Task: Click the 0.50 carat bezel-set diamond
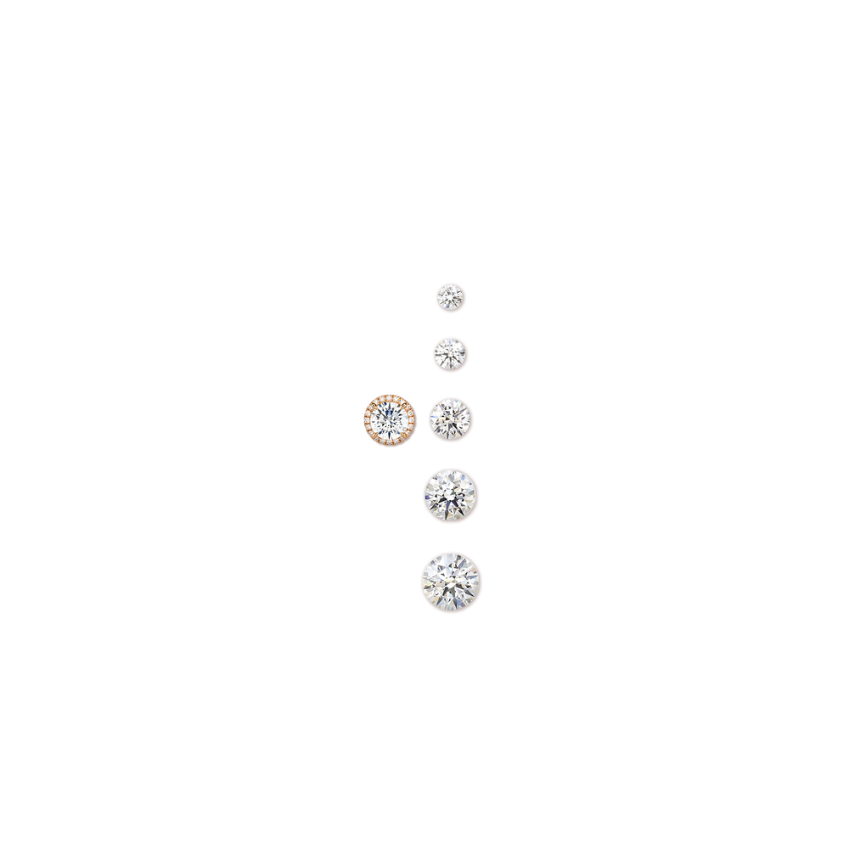pos(451,297)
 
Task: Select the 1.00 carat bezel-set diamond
pos(451,353)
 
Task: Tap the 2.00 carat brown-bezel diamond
pos(451,419)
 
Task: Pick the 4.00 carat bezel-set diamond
pos(451,495)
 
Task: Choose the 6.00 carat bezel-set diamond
pos(452,582)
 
